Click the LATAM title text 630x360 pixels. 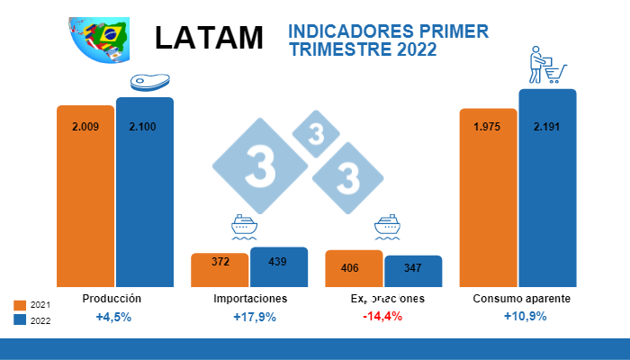(x=209, y=38)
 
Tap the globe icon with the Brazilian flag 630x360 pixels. (x=98, y=40)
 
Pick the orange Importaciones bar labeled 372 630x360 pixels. (x=220, y=270)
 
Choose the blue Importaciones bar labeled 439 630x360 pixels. (x=278, y=267)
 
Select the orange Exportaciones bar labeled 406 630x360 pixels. (x=354, y=269)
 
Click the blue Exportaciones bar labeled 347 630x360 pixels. (x=413, y=271)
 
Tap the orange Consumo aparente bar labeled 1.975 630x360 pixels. (x=488, y=197)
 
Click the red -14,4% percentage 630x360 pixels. (x=382, y=317)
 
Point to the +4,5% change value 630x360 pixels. (x=113, y=317)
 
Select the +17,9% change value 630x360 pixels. (x=254, y=317)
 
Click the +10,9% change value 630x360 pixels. (x=525, y=317)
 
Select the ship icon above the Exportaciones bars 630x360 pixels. (x=387, y=227)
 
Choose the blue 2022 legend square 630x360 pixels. (x=21, y=319)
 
